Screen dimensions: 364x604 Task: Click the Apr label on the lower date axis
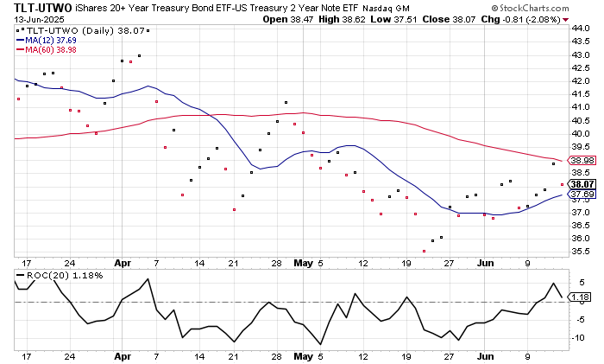pos(123,354)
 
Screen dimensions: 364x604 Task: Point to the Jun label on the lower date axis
pos(487,354)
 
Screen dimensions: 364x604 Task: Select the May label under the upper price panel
pos(301,263)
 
